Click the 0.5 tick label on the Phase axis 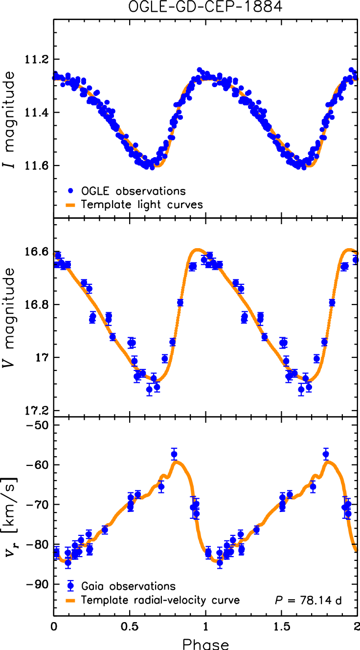pos(129,627)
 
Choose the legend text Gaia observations pos(129,585)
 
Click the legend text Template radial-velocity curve pos(160,600)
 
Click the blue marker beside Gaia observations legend pos(70,585)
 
